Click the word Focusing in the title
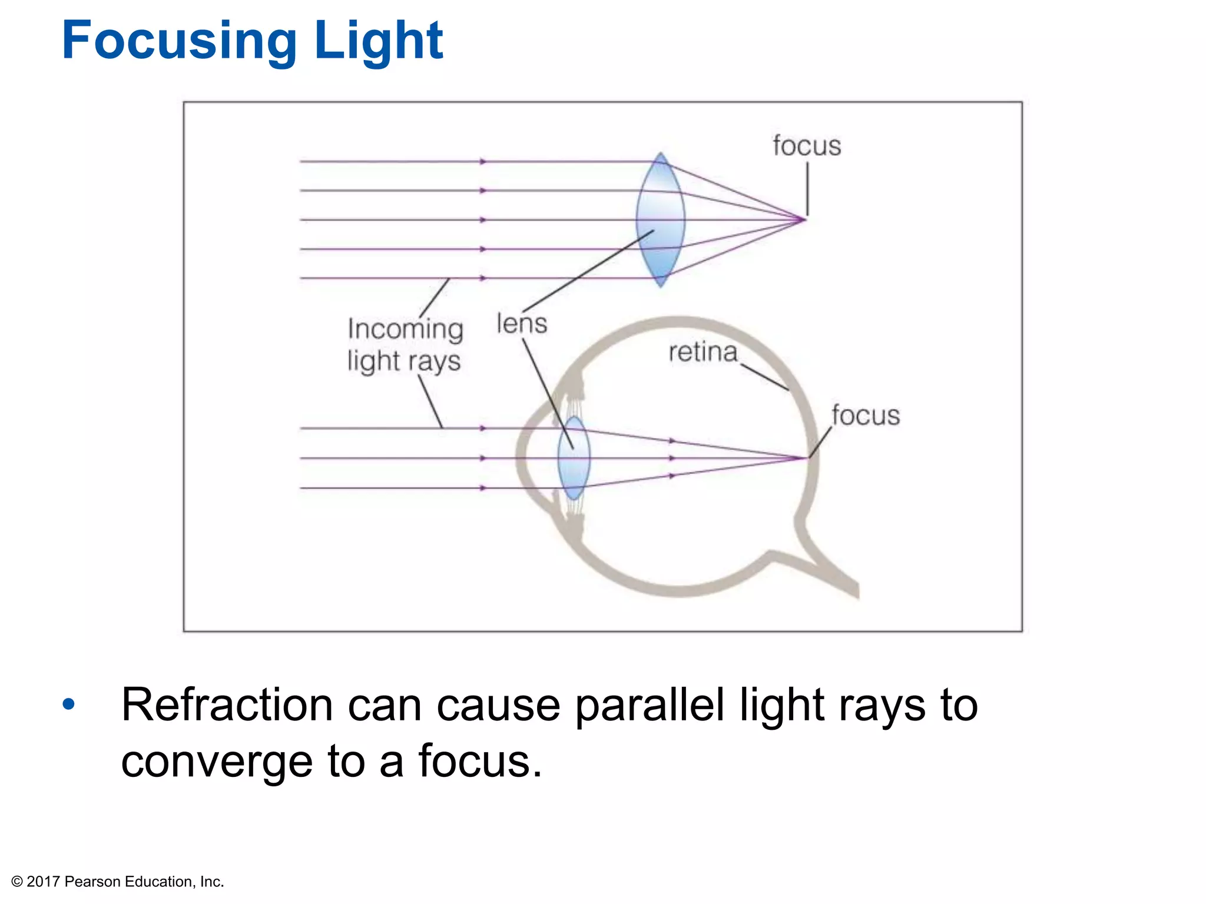(180, 41)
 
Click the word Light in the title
(379, 41)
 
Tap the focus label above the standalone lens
(807, 146)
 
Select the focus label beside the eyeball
(866, 416)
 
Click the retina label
(703, 353)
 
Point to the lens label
(522, 324)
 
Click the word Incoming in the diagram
(405, 328)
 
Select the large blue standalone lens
(660, 220)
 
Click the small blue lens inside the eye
(574, 458)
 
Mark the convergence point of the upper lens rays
(804, 220)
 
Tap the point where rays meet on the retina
(806, 457)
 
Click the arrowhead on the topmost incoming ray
(483, 161)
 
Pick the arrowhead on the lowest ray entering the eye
(483, 488)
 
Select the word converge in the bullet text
(216, 762)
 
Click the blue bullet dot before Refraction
(69, 704)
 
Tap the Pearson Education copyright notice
(118, 882)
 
